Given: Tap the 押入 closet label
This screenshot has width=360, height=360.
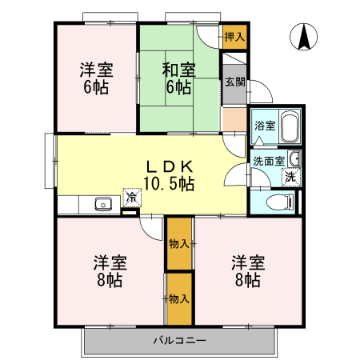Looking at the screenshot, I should click(234, 37).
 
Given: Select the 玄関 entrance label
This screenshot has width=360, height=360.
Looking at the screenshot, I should click(234, 82).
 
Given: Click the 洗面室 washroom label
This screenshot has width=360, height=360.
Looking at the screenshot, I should click(268, 160).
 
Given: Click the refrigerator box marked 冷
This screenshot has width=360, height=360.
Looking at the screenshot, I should click(130, 195).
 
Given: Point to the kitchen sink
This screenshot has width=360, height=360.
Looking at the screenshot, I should click(102, 204).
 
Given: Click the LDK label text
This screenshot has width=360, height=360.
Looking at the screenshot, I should click(169, 166).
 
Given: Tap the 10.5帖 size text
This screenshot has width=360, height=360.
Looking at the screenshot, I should click(169, 183).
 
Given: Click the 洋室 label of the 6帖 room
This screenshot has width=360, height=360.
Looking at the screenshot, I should click(95, 70).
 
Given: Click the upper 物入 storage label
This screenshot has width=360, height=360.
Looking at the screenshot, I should click(179, 243).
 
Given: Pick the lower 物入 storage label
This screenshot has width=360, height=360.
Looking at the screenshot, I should click(179, 298).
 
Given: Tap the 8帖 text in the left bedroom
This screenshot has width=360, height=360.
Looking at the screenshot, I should click(110, 280).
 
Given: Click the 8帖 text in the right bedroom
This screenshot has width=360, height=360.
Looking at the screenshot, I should click(248, 280).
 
